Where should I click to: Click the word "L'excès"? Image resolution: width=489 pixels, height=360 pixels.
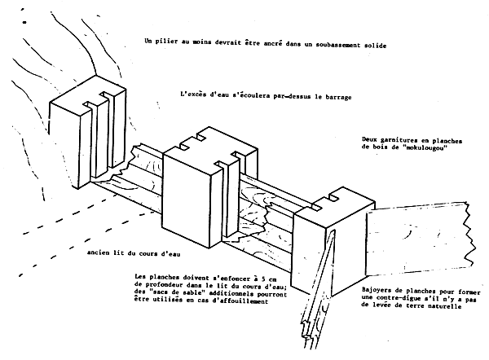click(194, 97)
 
